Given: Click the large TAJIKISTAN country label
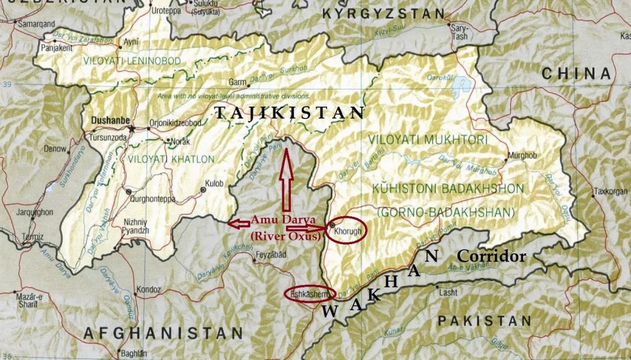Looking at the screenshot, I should click(289, 113).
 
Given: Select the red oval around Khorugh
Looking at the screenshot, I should click(346, 231).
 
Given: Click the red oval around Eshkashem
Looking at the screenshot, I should click(310, 294).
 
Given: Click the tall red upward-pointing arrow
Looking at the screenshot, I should click(284, 179).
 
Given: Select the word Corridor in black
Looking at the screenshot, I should click(491, 256).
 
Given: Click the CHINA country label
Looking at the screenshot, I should click(576, 74).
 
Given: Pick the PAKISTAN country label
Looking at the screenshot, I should click(484, 321).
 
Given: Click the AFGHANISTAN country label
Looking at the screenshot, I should click(163, 333).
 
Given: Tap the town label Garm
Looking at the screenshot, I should click(237, 81).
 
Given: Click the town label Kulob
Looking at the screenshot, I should click(214, 183).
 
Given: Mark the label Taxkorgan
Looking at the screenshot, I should click(609, 192).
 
